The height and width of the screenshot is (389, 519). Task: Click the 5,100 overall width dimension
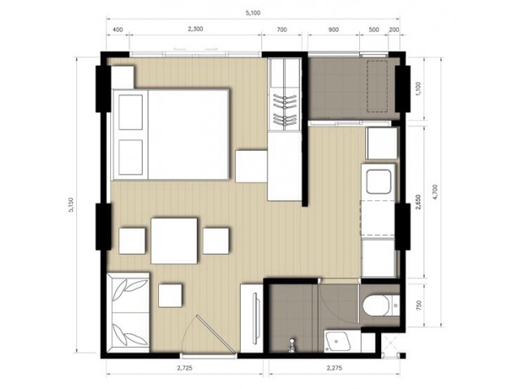pos(253,13)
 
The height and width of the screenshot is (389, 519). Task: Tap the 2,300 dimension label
pos(195,29)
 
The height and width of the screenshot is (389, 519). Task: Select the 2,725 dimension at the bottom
pos(184,367)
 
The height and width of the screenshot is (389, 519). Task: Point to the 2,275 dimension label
pos(334,367)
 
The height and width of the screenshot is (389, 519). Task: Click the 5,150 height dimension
pos(71,205)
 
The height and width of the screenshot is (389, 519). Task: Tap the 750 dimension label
pos(419,305)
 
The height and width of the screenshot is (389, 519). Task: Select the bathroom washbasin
pos(337,340)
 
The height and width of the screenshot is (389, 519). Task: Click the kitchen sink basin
pos(379,182)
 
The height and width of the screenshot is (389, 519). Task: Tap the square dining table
pos(174,241)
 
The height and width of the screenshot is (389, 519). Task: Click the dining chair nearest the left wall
pos(132,241)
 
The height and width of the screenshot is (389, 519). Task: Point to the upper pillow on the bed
pos(131,112)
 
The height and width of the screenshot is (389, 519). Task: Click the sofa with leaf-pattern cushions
pos(128,312)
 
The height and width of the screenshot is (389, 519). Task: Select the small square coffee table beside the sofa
pos(170,295)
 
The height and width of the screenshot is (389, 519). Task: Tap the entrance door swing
pos(212,335)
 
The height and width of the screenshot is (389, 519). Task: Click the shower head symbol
pos(292,344)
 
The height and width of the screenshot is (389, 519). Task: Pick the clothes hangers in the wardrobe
pos(285,109)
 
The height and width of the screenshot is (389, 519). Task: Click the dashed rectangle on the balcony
pos(377,87)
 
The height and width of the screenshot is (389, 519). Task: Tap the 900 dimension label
pos(333,29)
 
